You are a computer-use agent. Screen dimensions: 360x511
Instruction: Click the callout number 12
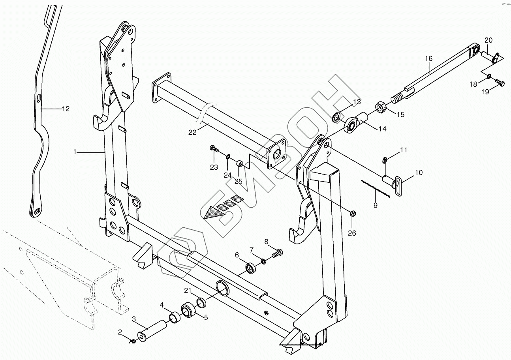pyautogui.click(x=65, y=109)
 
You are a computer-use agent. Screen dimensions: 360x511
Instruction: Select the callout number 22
pyautogui.click(x=192, y=133)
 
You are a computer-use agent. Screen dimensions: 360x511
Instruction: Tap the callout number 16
pyautogui.click(x=429, y=59)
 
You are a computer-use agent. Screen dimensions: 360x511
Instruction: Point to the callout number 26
pyautogui.click(x=352, y=233)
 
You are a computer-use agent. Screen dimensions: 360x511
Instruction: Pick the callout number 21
pyautogui.click(x=188, y=291)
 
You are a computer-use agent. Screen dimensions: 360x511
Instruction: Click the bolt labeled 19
pyautogui.click(x=501, y=82)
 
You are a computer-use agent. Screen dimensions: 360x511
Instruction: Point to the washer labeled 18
pyautogui.click(x=489, y=76)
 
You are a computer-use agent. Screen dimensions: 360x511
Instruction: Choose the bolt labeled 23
pyautogui.click(x=214, y=150)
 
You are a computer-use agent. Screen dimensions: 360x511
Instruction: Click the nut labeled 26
pyautogui.click(x=353, y=214)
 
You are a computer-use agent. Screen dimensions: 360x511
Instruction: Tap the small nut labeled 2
pyautogui.click(x=133, y=341)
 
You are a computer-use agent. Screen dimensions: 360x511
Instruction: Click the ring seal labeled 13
pyautogui.click(x=337, y=117)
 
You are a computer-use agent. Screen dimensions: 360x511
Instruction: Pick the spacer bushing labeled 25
pyautogui.click(x=240, y=163)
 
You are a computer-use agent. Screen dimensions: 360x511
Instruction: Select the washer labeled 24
pyautogui.click(x=228, y=157)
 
